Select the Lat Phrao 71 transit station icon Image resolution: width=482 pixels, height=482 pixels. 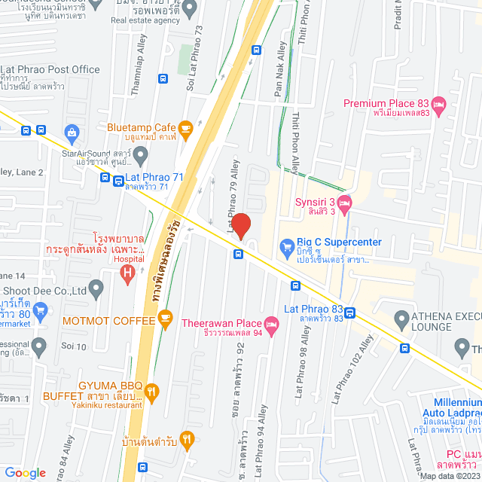coord(118,181)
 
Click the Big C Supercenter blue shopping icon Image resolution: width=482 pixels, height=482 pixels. coord(286,246)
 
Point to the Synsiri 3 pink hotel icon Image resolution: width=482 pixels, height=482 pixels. coord(344,202)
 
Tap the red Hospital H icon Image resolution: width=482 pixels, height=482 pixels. coord(128,271)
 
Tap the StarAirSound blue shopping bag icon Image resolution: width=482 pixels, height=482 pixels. coord(72,133)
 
